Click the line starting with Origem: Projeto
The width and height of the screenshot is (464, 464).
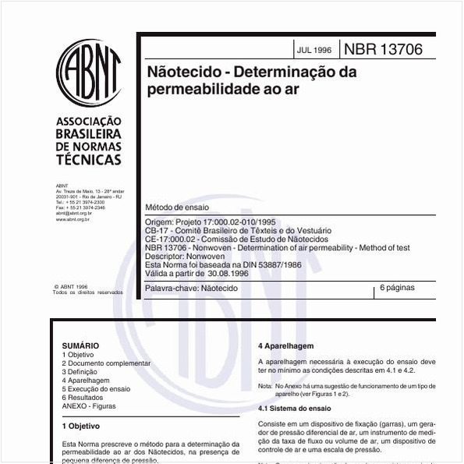point(211,222)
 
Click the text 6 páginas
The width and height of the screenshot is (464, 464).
point(397,289)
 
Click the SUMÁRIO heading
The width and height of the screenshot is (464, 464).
point(80,345)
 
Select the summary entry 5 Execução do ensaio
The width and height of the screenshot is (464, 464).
point(96,389)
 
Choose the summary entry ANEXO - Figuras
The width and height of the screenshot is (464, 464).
point(90,406)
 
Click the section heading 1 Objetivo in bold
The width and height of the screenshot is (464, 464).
point(80,427)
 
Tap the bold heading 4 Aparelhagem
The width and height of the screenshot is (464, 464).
point(285,345)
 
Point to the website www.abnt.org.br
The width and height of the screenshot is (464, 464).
point(73,220)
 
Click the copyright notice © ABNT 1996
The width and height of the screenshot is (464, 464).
point(71,287)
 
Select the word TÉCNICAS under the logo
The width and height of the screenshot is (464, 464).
point(89,160)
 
